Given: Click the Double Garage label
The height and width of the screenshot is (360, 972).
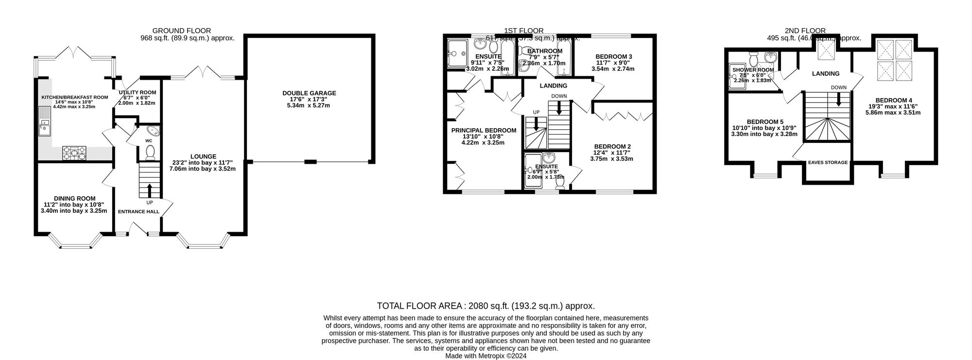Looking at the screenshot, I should click(x=309, y=93).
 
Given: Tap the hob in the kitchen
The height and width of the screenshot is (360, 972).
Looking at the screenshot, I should click(x=74, y=153).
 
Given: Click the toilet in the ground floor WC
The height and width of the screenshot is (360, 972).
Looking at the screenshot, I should click(x=150, y=152).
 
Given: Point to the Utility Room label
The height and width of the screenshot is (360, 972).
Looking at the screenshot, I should click(x=138, y=92).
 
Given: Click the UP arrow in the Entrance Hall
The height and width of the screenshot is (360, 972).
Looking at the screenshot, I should click(x=149, y=190).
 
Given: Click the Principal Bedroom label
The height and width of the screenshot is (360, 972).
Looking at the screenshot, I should click(x=484, y=130).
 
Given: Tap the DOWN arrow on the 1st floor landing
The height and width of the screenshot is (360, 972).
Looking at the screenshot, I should click(x=559, y=107).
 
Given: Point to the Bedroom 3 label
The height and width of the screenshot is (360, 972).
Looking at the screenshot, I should click(x=613, y=56).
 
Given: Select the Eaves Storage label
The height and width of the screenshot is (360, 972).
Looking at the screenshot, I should click(x=827, y=163).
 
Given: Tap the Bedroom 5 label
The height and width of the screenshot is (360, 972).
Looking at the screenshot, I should click(x=764, y=121).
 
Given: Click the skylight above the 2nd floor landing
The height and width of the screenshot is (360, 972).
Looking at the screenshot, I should click(x=826, y=51).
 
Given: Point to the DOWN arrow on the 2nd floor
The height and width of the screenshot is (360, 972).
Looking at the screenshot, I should click(x=838, y=99).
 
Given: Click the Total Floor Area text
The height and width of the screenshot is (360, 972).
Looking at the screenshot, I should click(x=486, y=306).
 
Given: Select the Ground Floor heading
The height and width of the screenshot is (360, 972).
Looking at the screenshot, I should click(x=182, y=31).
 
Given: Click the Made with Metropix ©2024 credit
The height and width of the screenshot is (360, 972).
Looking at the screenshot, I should click(x=486, y=356).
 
